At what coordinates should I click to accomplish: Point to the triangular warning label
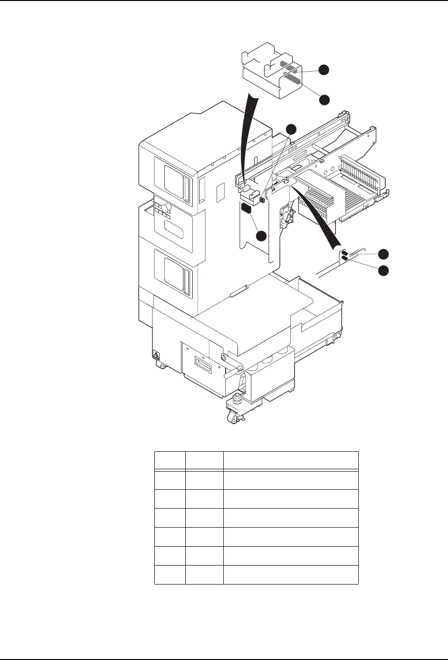pyautogui.click(x=155, y=354)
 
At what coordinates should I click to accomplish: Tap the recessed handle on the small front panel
pyautogui.click(x=203, y=365)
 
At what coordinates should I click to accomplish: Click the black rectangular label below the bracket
pyautogui.click(x=247, y=208)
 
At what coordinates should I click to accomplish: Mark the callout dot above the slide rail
pyautogui.click(x=291, y=128)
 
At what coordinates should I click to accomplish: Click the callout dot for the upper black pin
pyautogui.click(x=383, y=253)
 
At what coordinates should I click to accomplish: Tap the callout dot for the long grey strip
pyautogui.click(x=324, y=100)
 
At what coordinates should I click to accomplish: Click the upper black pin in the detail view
pyautogui.click(x=345, y=252)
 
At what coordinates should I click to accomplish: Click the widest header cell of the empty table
pyautogui.click(x=291, y=460)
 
